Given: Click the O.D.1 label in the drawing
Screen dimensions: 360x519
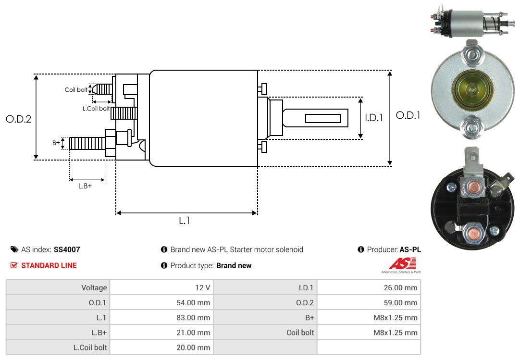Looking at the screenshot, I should point(408,115).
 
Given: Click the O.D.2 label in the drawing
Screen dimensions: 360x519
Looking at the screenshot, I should point(18,119).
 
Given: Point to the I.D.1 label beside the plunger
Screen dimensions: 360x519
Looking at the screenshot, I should point(373,117).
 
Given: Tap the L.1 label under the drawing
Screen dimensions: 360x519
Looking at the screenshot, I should point(185,221).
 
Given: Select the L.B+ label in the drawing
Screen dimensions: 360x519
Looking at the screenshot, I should point(85,186).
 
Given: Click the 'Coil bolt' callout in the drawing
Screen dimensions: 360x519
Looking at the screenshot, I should point(76,90).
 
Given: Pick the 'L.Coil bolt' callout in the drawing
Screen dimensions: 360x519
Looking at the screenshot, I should point(96,109).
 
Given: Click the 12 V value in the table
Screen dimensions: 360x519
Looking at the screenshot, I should point(202,288).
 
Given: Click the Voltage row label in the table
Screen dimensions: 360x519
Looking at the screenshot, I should point(94,288).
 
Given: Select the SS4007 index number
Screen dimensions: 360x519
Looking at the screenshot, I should point(67,249).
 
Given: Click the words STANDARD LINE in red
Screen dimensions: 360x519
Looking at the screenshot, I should point(49,265).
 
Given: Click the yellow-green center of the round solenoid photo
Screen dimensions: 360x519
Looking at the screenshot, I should point(470,87).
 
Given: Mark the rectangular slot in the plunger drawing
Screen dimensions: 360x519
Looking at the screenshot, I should point(323,118).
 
